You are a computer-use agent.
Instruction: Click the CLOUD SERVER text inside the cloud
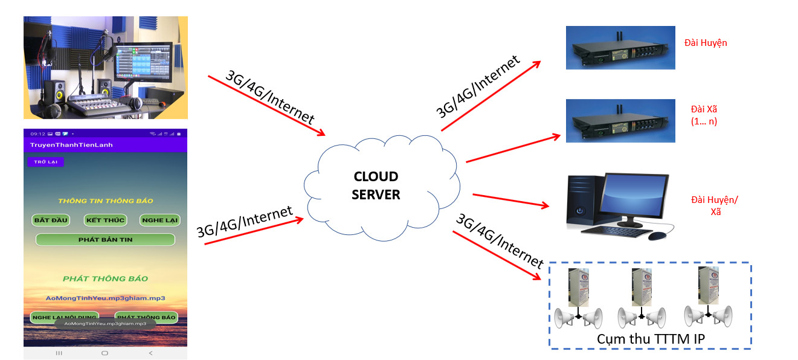pyautogui.click(x=376, y=185)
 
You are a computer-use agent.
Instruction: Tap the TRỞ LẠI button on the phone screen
pyautogui.click(x=45, y=162)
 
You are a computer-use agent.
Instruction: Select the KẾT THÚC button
pyautogui.click(x=105, y=220)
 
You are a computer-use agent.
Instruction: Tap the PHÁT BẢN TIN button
pyautogui.click(x=105, y=240)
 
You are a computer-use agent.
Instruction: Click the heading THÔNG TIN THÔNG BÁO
pyautogui.click(x=105, y=201)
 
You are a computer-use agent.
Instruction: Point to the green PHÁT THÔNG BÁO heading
pyautogui.click(x=105, y=278)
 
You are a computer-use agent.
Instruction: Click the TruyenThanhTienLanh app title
pyautogui.click(x=71, y=145)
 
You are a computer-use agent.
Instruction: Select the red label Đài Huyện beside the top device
pyautogui.click(x=706, y=43)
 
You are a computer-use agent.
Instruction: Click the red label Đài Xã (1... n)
pyautogui.click(x=704, y=115)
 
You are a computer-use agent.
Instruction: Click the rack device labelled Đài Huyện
pyautogui.click(x=620, y=47)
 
